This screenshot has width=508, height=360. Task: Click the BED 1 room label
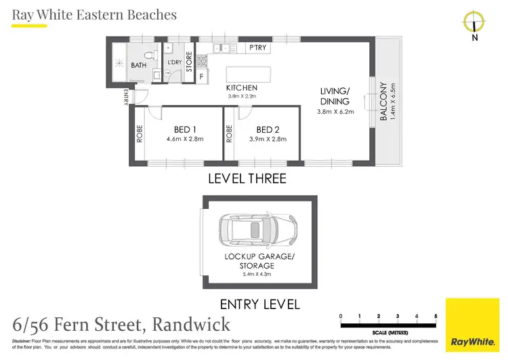pos(185,129)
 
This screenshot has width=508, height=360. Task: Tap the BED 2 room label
pos(268,129)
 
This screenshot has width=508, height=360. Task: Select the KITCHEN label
pos(242,87)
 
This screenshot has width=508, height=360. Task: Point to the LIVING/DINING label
pos(335,96)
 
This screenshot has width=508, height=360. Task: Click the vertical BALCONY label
pos(383,102)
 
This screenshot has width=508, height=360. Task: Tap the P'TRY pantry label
pos(257,47)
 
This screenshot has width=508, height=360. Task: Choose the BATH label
pos(138,66)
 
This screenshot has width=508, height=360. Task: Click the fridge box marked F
pos(200,77)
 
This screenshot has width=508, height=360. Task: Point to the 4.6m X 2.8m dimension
pos(185,139)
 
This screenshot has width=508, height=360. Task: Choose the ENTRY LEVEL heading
pos(260,304)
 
